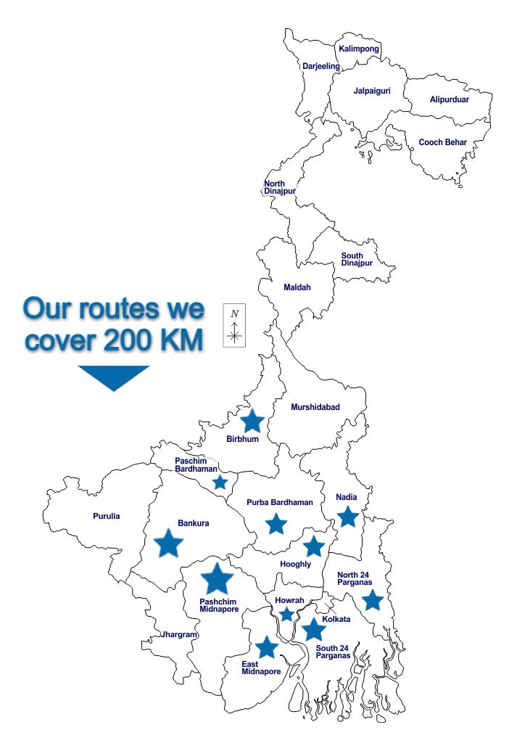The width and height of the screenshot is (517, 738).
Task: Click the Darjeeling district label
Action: click(320, 66)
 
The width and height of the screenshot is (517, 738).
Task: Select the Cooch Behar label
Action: click(442, 142)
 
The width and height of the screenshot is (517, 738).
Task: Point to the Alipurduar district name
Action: click(449, 99)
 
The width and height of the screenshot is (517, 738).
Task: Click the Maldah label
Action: click(297, 287)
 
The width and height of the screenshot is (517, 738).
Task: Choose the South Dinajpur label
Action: click(357, 259)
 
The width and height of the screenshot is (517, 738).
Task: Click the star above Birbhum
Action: click(252, 421)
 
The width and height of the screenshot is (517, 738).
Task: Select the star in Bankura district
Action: click(169, 543)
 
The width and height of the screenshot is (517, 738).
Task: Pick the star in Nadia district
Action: click(348, 517)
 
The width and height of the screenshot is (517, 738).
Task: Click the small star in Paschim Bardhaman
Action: click(220, 483)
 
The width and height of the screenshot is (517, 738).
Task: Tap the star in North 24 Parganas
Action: click(372, 600)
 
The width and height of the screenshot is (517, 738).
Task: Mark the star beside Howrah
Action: click(287, 615)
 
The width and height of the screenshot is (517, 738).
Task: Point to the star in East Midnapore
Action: click(267, 647)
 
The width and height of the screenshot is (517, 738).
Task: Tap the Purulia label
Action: click(107, 516)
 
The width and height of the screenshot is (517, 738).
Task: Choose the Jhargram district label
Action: click(178, 634)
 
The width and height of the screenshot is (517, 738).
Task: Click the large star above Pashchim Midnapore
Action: click(217, 578)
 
